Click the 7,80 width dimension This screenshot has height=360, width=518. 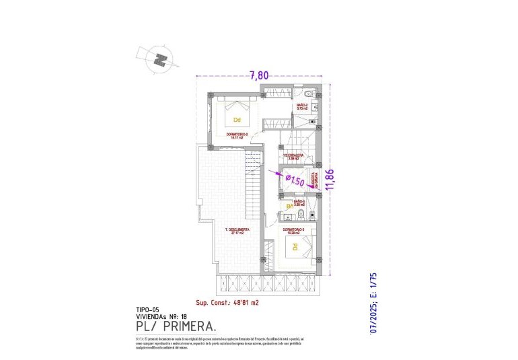259,76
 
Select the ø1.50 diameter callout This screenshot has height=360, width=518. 295,180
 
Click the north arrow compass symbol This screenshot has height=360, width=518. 160,59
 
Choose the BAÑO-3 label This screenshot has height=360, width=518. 299,202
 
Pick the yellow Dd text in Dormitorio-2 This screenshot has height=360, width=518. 237,120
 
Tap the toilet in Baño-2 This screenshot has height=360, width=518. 307,93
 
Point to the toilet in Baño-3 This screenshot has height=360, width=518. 302,215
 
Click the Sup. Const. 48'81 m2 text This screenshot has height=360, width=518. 227,303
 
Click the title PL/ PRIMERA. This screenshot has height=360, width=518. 176,326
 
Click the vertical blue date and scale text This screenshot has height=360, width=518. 375,303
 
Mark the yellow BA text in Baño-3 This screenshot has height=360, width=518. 290,207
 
